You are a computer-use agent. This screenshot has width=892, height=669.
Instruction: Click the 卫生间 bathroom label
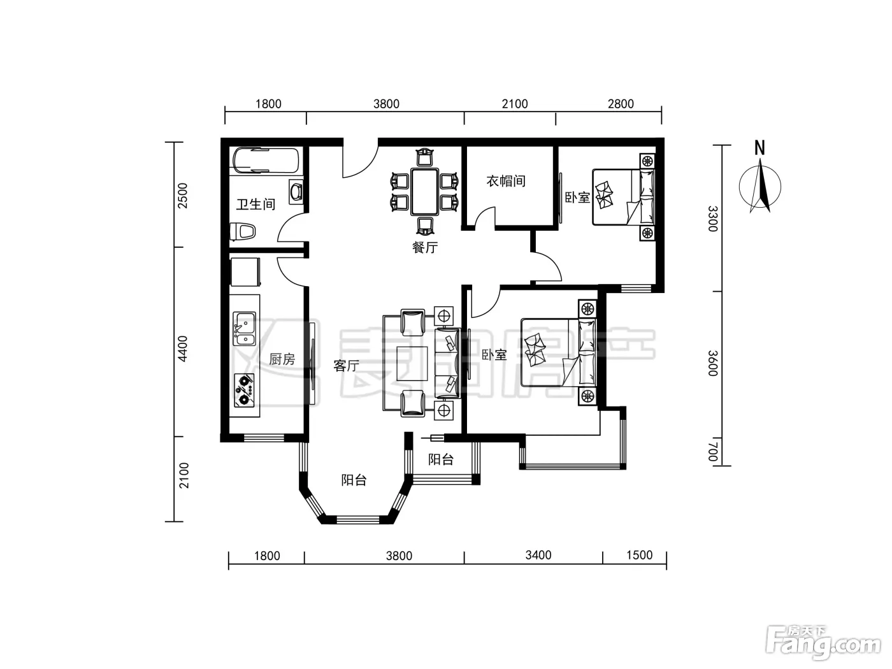[x=255, y=204]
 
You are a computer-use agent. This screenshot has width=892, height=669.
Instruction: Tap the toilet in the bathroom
[x=243, y=231]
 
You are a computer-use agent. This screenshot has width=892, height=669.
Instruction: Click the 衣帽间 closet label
[x=506, y=181]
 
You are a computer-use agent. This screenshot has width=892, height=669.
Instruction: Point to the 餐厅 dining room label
[x=425, y=247]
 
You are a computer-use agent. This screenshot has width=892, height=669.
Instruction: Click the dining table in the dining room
[x=424, y=191]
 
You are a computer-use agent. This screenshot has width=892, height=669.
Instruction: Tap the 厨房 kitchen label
[x=282, y=359]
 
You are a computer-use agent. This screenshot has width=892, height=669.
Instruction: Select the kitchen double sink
[x=244, y=329]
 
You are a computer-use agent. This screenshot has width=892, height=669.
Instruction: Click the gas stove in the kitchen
[x=244, y=391]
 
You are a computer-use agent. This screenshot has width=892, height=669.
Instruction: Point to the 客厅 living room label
[x=346, y=366]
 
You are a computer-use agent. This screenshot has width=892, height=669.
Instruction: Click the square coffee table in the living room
[x=412, y=364]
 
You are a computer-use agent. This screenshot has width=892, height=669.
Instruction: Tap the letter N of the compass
[x=759, y=148]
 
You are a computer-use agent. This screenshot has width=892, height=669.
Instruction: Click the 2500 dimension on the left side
[x=183, y=196]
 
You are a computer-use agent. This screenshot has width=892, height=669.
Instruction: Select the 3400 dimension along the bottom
[x=538, y=555]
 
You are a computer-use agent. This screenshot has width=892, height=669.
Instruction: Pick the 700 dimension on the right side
[x=712, y=452]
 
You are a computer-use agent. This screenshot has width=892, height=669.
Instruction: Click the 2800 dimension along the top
[x=621, y=104]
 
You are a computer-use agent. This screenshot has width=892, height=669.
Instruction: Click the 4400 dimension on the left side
[x=183, y=349]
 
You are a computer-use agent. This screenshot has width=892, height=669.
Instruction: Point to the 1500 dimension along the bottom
[x=639, y=555]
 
